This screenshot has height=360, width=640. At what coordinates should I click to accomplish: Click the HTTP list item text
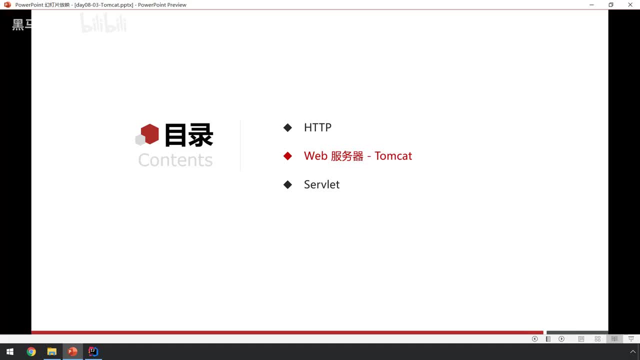pyautogui.click(x=317, y=127)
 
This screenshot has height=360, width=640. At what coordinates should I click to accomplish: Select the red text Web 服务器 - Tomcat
pyautogui.click(x=357, y=156)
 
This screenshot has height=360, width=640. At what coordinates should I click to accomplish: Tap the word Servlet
pyautogui.click(x=321, y=184)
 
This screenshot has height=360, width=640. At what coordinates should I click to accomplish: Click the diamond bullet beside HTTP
pyautogui.click(x=287, y=127)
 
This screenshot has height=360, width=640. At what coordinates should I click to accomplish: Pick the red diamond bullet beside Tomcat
pyautogui.click(x=287, y=156)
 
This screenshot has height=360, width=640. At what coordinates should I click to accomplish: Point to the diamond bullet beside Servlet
pyautogui.click(x=287, y=184)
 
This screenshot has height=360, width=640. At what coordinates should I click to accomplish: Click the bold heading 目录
pyautogui.click(x=188, y=135)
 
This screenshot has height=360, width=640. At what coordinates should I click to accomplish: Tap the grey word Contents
pyautogui.click(x=175, y=160)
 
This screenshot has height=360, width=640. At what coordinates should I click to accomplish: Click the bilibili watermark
pyautogui.click(x=103, y=23)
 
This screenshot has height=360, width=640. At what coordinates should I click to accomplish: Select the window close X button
pyautogui.click(x=630, y=5)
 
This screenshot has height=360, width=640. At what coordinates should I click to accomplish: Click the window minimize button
pyautogui.click(x=591, y=5)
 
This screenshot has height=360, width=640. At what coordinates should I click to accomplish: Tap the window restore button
pyautogui.click(x=610, y=5)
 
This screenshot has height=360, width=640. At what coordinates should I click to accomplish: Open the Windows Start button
pyautogui.click(x=9, y=351)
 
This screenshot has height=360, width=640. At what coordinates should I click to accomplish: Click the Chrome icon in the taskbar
pyautogui.click(x=31, y=351)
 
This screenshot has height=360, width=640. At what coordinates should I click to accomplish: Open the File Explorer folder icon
pyautogui.click(x=51, y=351)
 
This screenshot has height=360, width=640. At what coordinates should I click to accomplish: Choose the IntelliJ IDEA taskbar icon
pyautogui.click(x=93, y=351)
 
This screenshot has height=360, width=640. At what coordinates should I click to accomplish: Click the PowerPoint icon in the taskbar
pyautogui.click(x=72, y=351)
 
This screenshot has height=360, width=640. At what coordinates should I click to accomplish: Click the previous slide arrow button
pyautogui.click(x=534, y=339)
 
